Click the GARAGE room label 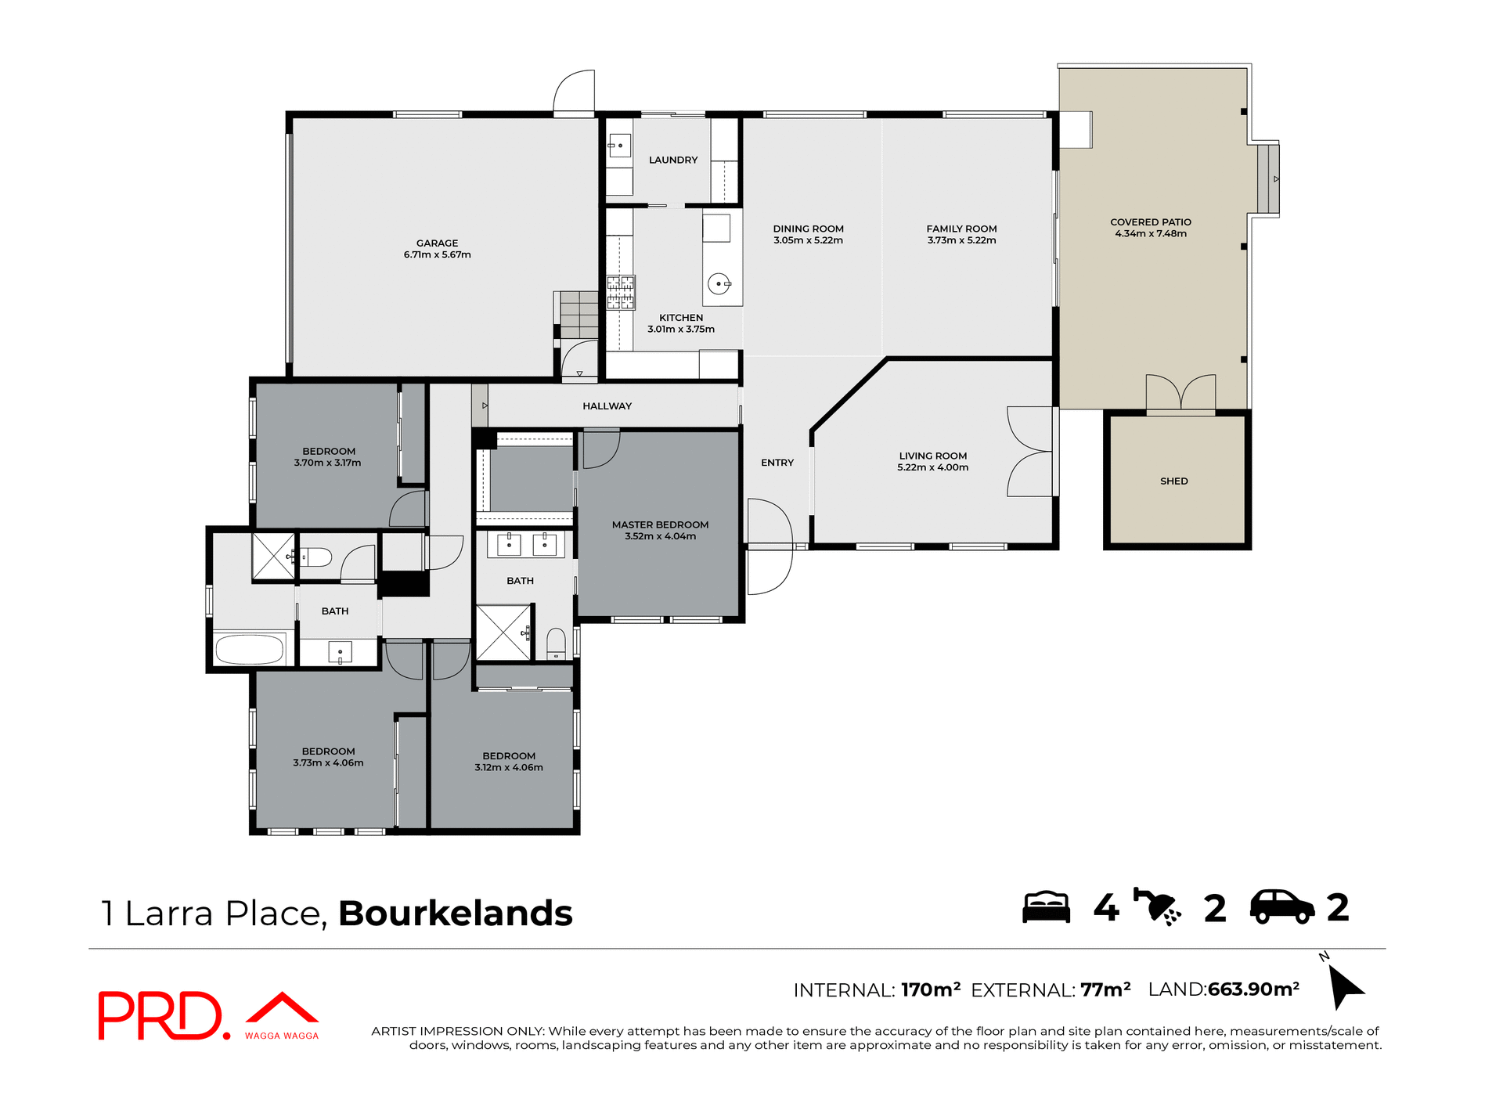click(437, 243)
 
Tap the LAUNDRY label click(672, 160)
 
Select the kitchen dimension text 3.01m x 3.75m click(680, 329)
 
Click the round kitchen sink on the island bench click(718, 283)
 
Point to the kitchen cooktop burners click(621, 293)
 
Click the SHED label click(1173, 481)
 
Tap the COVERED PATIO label click(1150, 222)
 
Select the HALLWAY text click(607, 405)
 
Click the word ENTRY click(777, 463)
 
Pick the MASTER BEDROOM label click(660, 524)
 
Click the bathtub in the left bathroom click(249, 649)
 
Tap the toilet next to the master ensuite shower click(556, 642)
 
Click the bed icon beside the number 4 click(1046, 907)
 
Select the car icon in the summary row click(1281, 907)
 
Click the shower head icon click(1158, 907)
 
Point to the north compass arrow click(1345, 985)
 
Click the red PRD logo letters click(160, 1015)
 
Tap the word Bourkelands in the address click(455, 914)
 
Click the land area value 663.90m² click(1253, 989)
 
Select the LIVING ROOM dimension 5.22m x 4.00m click(932, 467)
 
